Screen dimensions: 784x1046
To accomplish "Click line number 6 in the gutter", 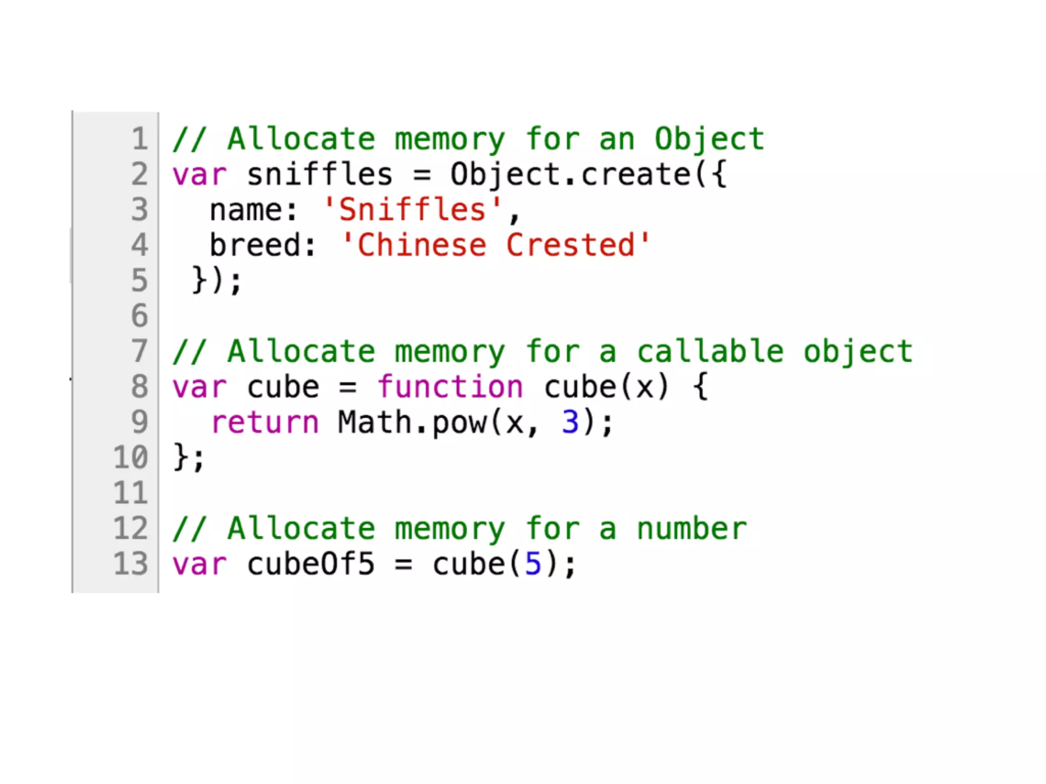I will (139, 315).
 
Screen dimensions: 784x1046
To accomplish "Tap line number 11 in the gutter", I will (131, 493).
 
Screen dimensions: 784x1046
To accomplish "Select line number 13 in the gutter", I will (131, 563).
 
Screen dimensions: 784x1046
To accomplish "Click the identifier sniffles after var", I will (320, 175).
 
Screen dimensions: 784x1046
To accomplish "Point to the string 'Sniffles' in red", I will (412, 210).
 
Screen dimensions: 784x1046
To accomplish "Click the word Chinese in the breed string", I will (421, 245).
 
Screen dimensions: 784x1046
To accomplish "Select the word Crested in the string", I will (570, 245).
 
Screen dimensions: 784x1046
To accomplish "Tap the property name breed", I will (255, 245).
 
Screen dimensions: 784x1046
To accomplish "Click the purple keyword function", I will (450, 387).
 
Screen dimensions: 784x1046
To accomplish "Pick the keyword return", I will (265, 423).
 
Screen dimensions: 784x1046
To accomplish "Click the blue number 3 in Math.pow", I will (570, 422).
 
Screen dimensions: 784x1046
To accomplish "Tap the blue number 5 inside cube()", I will (533, 564).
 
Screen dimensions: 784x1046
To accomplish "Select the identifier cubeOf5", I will (311, 564).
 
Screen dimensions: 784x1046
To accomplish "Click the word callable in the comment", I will (710, 352).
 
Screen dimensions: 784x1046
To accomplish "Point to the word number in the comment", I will (692, 529).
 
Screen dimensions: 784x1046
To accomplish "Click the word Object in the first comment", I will (709, 139).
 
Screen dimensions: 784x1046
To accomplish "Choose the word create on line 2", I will (636, 175).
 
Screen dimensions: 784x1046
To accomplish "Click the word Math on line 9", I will (374, 422).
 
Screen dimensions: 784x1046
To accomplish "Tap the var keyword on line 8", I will (199, 387).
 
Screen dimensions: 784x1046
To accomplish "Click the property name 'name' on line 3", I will (246, 210).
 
